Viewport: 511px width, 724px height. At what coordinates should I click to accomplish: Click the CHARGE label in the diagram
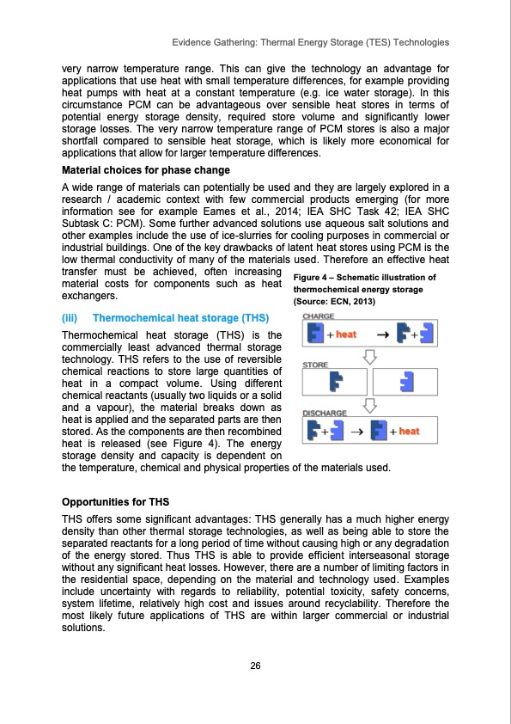click(x=319, y=316)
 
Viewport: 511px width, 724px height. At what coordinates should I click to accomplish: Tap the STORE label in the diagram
click(x=315, y=365)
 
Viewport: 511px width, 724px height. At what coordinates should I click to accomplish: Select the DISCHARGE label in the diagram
click(x=324, y=413)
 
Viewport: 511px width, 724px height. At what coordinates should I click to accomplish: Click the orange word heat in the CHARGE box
click(x=345, y=333)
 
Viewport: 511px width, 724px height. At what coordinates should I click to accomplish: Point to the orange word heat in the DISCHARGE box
click(x=408, y=431)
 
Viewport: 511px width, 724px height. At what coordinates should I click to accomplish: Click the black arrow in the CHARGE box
click(x=375, y=334)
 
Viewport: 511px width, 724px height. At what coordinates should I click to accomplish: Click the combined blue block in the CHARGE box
click(x=316, y=333)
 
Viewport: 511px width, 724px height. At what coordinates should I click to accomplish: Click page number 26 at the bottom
click(x=255, y=666)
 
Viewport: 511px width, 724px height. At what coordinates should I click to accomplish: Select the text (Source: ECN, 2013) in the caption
click(x=336, y=303)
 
